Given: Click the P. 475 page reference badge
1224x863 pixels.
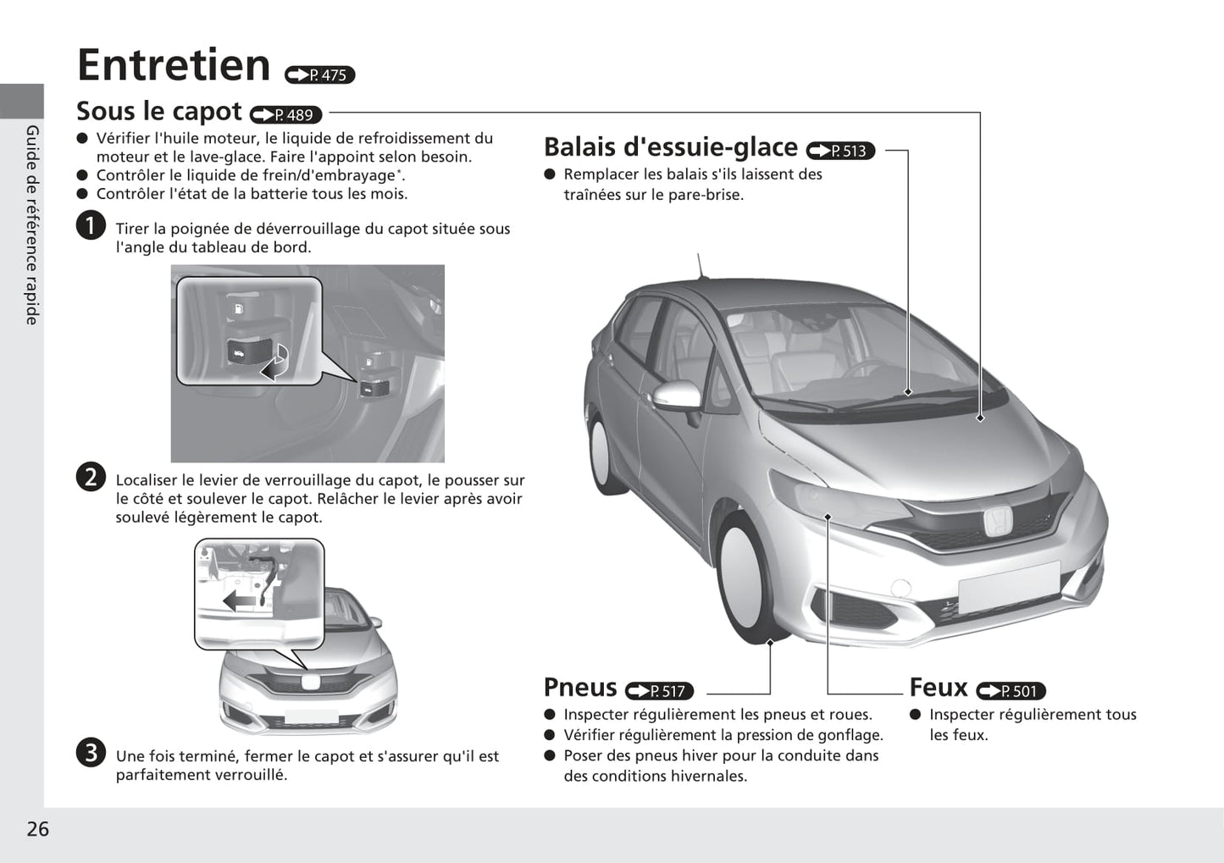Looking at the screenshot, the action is pos(319,75).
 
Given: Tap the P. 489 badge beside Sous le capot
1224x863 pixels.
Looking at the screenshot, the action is pos(285,114).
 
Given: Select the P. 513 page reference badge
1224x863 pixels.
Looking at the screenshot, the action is pos(840,150).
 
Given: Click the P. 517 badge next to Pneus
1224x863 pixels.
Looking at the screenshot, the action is pos(659,691).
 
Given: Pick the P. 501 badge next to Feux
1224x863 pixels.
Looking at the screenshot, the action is pos(1011,691).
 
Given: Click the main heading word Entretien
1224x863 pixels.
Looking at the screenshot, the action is pos(174,65).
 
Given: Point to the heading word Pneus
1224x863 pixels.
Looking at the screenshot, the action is pos(580,687).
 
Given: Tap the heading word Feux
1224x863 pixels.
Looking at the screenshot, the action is pos(939,687).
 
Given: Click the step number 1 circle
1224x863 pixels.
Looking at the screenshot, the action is pos(91,225).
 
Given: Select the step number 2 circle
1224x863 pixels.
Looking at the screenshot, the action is pos(91,477).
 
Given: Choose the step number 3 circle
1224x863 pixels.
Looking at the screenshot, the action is pos(91,753).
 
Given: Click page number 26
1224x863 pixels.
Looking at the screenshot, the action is pos(38,829).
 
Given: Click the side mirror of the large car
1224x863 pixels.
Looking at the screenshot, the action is pos(677,396).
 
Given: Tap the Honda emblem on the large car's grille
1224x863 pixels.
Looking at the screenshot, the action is pos(999,521).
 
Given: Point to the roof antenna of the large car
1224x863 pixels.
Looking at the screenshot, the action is pos(700,266).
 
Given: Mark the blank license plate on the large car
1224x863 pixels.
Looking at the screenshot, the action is pos(1009,588).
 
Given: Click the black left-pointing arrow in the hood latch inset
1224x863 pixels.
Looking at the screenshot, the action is pos(239,601).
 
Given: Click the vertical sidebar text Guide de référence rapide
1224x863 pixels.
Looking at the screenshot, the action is pos(33,225).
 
